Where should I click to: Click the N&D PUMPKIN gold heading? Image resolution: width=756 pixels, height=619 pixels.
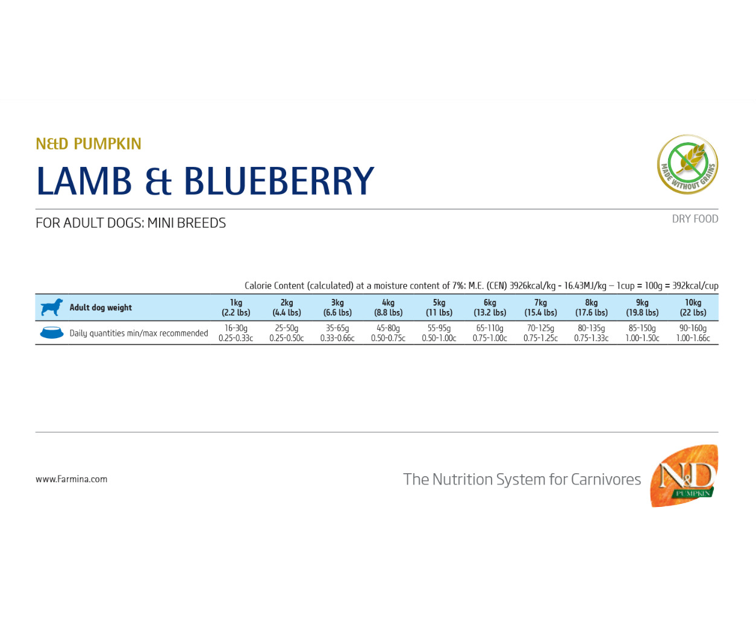click(x=89, y=144)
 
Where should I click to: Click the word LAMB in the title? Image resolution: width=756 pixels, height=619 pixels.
click(x=84, y=181)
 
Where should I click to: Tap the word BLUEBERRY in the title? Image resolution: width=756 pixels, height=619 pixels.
click(x=280, y=181)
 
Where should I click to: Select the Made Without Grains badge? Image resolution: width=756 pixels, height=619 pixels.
click(x=687, y=165)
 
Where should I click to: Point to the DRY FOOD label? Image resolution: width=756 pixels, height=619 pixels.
click(x=695, y=219)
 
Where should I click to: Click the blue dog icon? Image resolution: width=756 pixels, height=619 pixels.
click(x=52, y=307)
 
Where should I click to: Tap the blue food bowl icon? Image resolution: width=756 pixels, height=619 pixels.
click(x=52, y=333)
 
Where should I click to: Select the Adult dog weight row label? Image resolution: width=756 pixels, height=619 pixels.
click(x=101, y=307)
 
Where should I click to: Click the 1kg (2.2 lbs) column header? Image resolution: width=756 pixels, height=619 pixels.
click(x=236, y=307)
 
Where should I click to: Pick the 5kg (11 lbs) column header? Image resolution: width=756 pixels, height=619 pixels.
click(x=439, y=307)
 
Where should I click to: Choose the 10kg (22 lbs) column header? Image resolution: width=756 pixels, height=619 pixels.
click(x=693, y=307)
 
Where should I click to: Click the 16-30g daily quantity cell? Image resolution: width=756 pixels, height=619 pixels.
click(x=236, y=333)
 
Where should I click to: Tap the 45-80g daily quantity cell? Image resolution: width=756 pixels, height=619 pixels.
click(x=388, y=333)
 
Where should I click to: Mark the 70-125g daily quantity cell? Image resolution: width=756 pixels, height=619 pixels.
click(x=540, y=333)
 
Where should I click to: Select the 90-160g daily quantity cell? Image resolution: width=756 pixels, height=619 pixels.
click(x=693, y=333)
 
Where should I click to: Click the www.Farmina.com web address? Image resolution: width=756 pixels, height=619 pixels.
click(x=71, y=479)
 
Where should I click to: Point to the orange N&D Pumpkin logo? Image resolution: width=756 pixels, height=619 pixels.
click(x=684, y=476)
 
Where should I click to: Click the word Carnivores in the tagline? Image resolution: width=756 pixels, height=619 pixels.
click(x=606, y=480)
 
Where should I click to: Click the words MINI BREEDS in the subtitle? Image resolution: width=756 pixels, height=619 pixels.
click(x=186, y=223)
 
